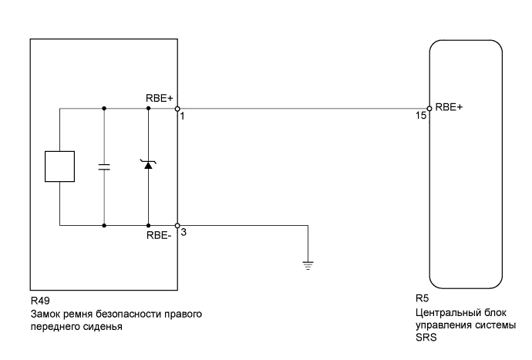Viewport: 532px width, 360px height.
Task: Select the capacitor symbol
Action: coord(104,167)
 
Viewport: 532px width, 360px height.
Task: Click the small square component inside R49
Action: coord(60,167)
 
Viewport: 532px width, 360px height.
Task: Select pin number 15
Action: coord(420,116)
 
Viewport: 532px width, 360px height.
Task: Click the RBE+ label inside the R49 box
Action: coord(160,99)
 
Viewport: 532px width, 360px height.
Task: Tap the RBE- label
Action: coord(159,235)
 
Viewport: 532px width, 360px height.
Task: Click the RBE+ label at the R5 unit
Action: coord(449,108)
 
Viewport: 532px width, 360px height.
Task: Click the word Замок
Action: coord(45,315)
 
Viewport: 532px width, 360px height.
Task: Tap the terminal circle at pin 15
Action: coord(430,109)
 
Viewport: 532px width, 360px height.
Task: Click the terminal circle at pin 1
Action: coord(177,109)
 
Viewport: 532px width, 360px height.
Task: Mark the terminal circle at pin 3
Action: coord(177,226)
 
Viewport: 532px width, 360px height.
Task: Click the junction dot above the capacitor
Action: coord(104,109)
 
